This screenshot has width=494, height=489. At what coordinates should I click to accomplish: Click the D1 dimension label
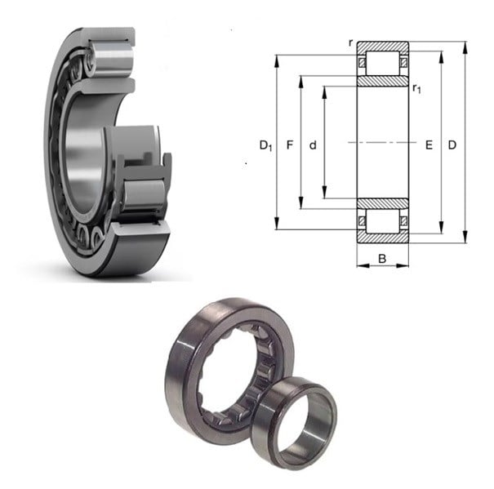pyautogui.click(x=265, y=145)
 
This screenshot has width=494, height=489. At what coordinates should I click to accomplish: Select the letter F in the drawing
pyautogui.click(x=290, y=145)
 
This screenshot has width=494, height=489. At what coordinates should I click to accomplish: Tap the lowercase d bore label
pyautogui.click(x=313, y=145)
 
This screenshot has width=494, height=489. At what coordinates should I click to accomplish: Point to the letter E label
pyautogui.click(x=429, y=145)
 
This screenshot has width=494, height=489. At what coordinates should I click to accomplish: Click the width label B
pyautogui.click(x=382, y=259)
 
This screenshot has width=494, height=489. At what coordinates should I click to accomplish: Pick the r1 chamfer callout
pyautogui.click(x=416, y=88)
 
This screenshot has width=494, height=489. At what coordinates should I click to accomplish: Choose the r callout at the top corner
pyautogui.click(x=350, y=42)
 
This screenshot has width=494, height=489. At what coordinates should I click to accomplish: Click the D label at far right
pyautogui.click(x=452, y=145)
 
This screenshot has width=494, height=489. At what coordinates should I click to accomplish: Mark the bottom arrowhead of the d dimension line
pyautogui.click(x=324, y=193)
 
